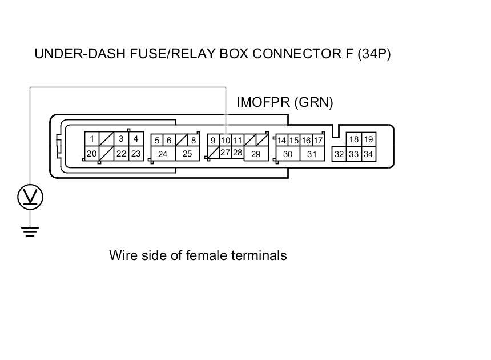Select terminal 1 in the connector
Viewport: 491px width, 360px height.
(92, 139)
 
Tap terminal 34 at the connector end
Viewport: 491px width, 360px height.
(368, 154)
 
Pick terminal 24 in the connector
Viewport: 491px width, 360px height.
(163, 154)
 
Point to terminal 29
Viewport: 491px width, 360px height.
(256, 154)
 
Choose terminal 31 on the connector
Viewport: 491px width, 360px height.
(312, 154)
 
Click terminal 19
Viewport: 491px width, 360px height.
(368, 139)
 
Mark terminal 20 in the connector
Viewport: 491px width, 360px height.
(92, 153)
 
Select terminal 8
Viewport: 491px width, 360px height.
(194, 141)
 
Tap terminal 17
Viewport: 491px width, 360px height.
(319, 141)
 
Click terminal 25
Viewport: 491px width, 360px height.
(187, 154)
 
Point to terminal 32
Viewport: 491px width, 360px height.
(339, 154)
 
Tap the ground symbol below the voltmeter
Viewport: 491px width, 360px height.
(30, 231)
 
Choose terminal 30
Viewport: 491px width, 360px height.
(288, 154)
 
